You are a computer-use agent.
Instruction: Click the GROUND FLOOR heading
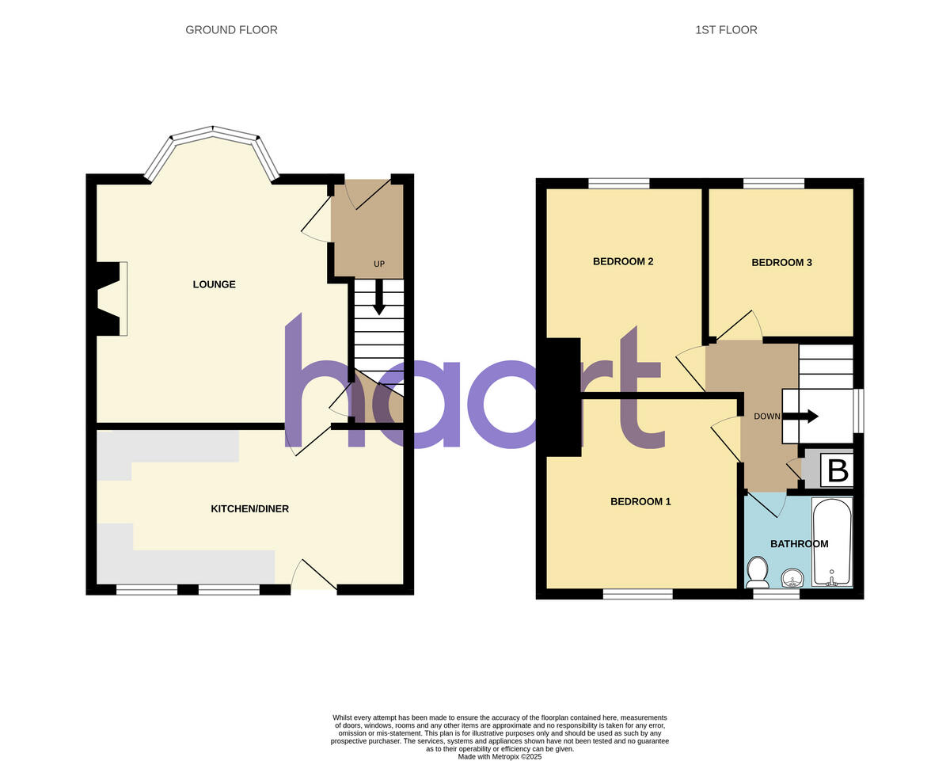point(231,30)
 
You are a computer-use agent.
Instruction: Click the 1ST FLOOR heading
point(726,30)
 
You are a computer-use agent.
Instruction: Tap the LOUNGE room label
point(215,284)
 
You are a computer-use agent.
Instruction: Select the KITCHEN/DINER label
point(249,508)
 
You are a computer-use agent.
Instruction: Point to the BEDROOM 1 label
point(640,501)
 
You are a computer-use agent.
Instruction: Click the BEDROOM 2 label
point(623,261)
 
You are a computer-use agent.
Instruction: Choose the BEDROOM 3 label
point(781,262)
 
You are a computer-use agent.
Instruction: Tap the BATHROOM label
point(799,544)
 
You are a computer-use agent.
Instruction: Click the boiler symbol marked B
point(837,471)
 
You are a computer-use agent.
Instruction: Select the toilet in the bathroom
point(758,569)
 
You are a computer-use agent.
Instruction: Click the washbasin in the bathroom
point(791,578)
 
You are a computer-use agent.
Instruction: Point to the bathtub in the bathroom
point(831,542)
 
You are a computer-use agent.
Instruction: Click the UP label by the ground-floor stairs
point(379,264)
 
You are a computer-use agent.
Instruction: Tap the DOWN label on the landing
point(767,417)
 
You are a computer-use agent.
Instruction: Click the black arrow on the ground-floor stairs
point(379,299)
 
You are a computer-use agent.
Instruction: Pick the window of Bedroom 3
point(773,184)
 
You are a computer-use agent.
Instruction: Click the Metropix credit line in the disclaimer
point(499,756)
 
